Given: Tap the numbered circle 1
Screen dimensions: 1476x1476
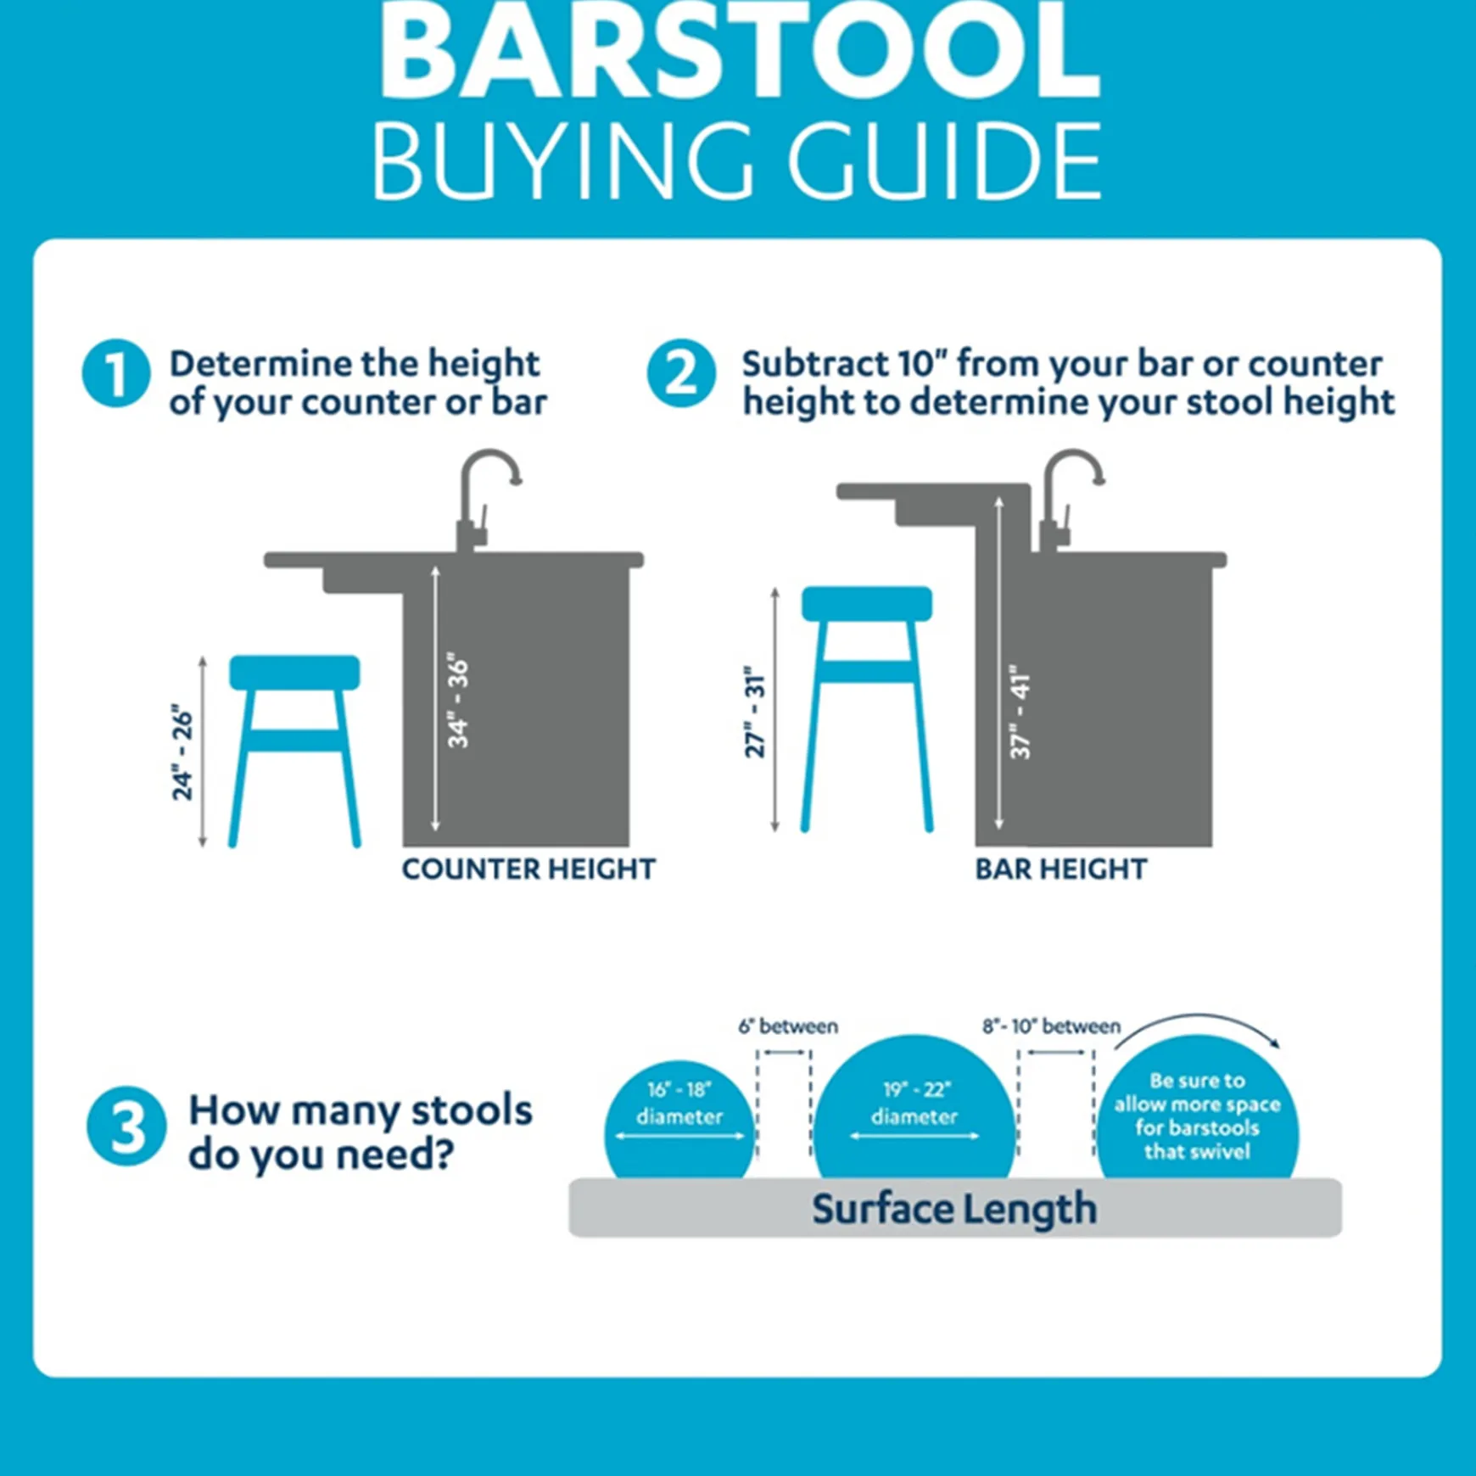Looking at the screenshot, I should click(116, 373).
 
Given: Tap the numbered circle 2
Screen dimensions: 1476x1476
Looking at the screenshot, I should click(681, 373).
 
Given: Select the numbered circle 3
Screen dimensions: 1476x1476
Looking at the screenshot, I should click(126, 1127).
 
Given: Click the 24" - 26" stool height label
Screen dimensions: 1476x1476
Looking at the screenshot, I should click(182, 752).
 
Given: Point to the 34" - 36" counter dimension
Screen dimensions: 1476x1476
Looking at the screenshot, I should click(458, 701).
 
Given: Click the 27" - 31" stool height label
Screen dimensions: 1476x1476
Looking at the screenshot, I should click(754, 711).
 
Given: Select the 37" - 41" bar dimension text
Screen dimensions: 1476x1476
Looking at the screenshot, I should click(1020, 711).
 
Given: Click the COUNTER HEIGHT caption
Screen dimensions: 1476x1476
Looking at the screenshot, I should click(528, 869).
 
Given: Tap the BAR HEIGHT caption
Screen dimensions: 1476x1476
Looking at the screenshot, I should click(1060, 869).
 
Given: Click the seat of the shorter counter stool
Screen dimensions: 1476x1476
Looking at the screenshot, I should click(294, 672).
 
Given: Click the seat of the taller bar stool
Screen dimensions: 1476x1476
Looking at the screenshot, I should click(866, 603).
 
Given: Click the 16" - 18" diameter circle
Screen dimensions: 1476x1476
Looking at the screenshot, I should click(679, 1120).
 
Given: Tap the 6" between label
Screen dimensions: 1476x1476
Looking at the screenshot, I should click(787, 1026).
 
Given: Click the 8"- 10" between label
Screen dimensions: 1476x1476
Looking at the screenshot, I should click(1051, 1026).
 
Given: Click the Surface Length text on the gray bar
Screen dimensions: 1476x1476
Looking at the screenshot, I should click(953, 1209).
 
